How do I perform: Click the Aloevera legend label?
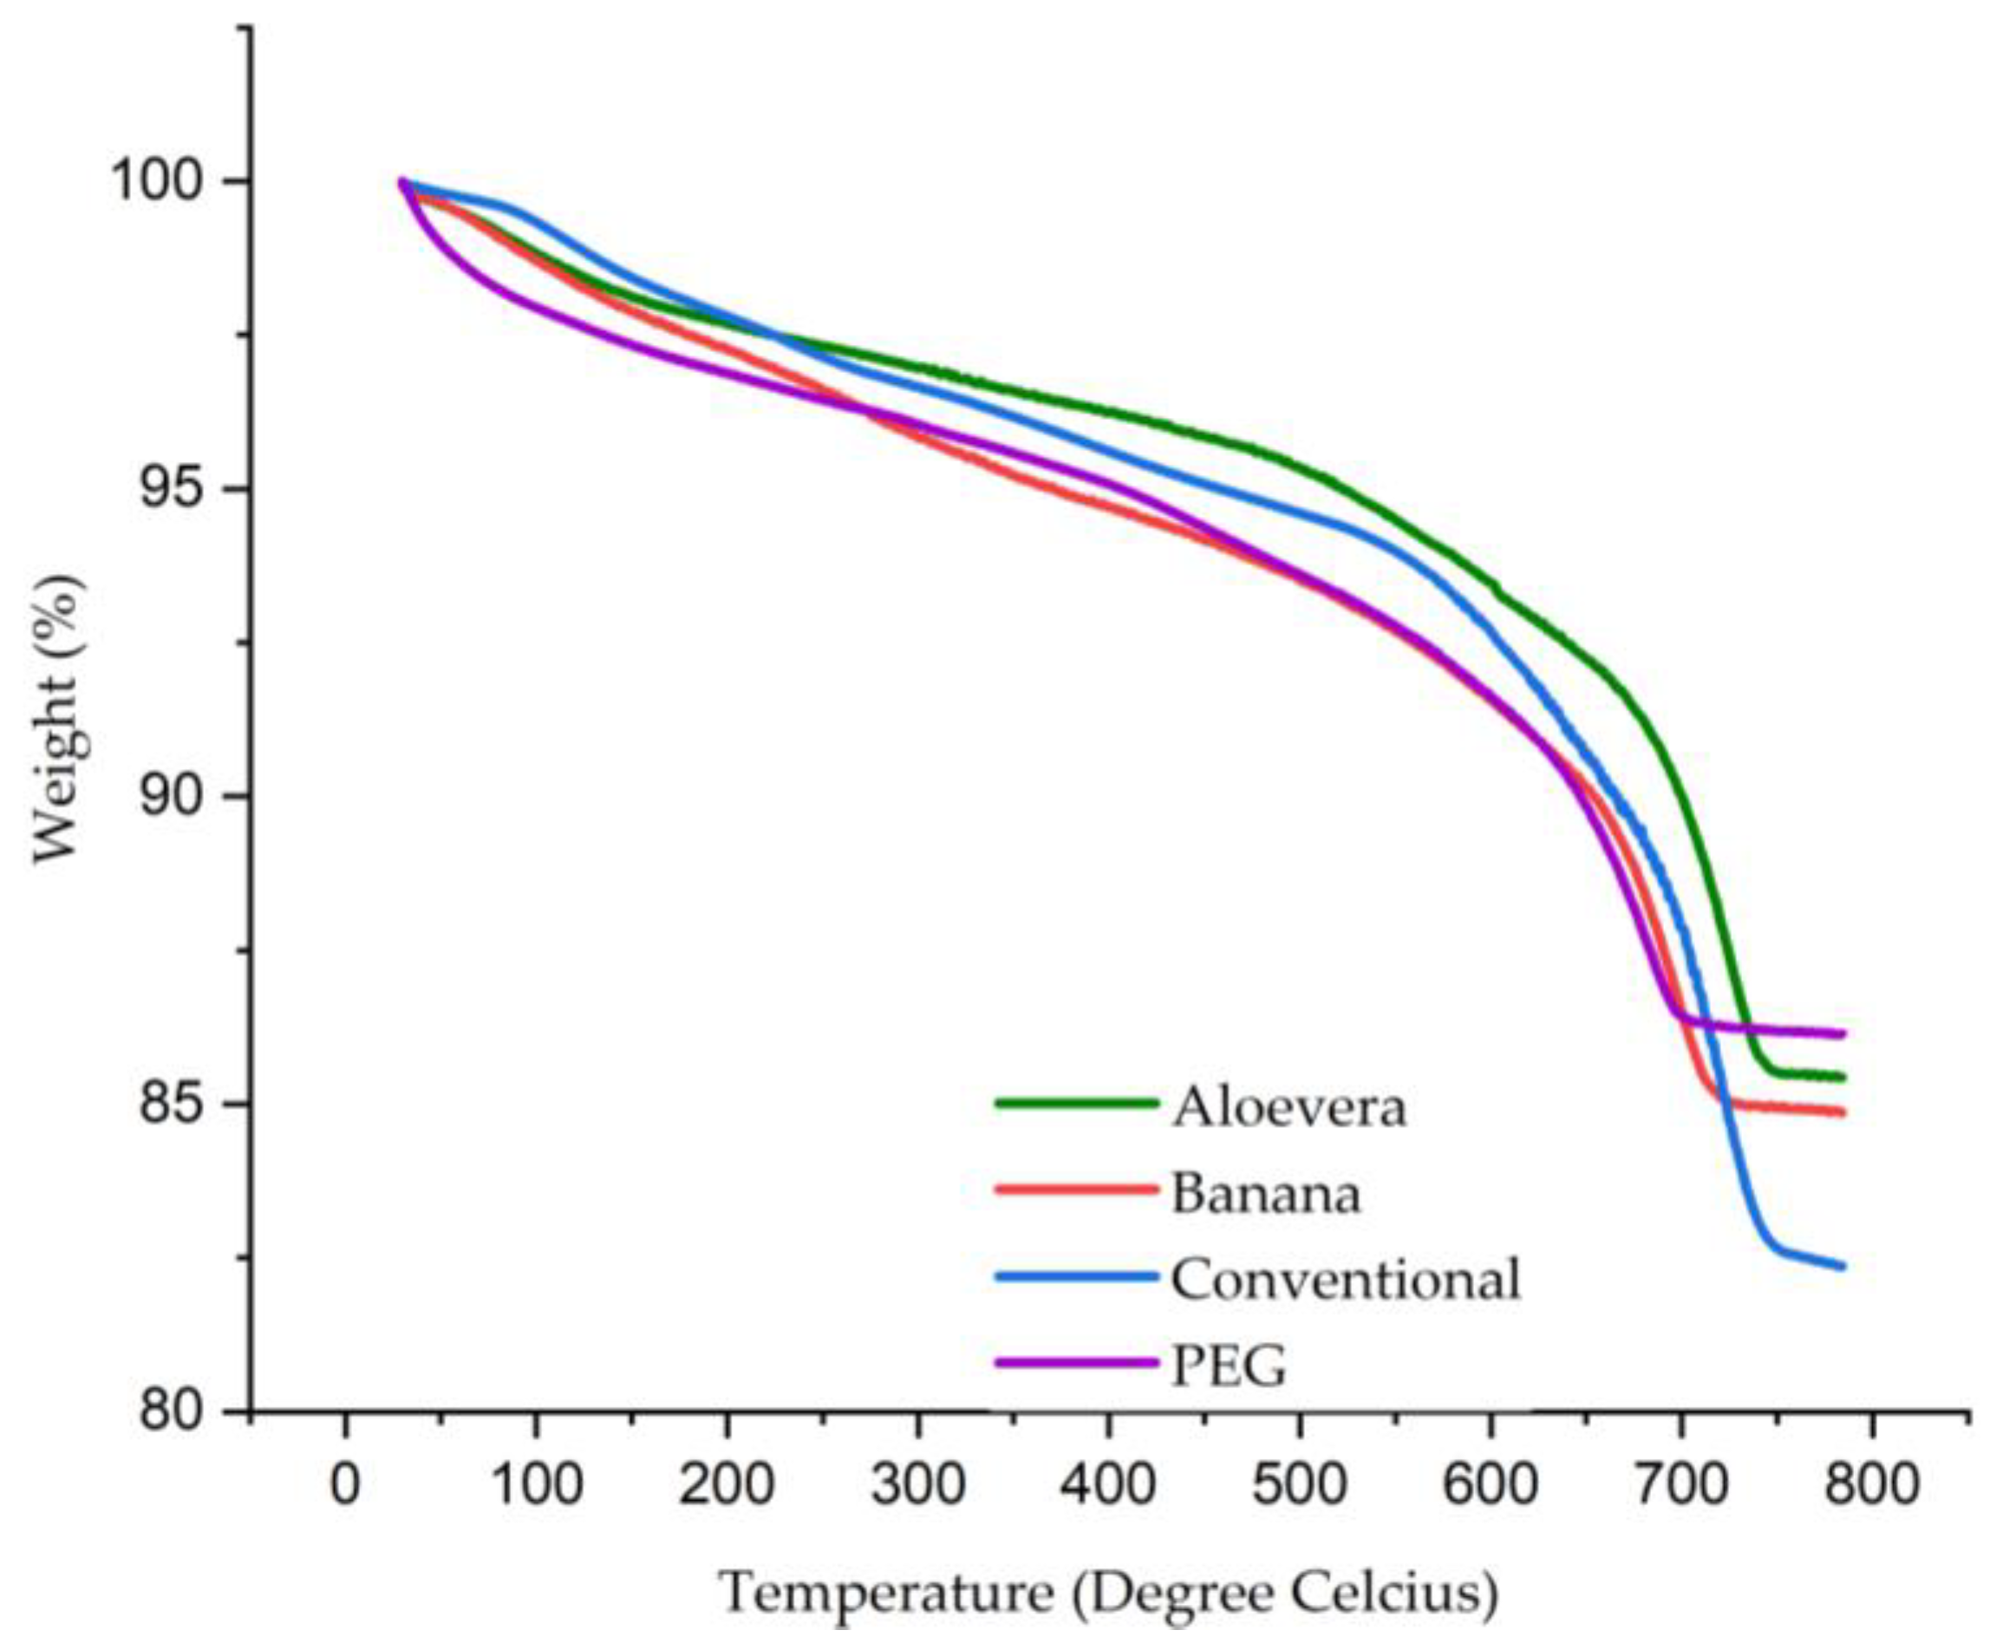coord(1289,1106)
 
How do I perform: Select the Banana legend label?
coord(1265,1192)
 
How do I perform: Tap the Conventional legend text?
coord(1346,1279)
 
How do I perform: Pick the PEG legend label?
coord(1230,1365)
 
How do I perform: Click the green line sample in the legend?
coord(1076,1103)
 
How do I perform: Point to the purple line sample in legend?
coord(1076,1363)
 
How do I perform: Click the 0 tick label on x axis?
coord(345,1484)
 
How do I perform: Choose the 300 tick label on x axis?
coord(918,1484)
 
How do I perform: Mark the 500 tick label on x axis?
coord(1299,1484)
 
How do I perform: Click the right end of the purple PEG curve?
coord(1843,1033)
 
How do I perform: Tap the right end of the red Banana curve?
coord(1843,1112)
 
